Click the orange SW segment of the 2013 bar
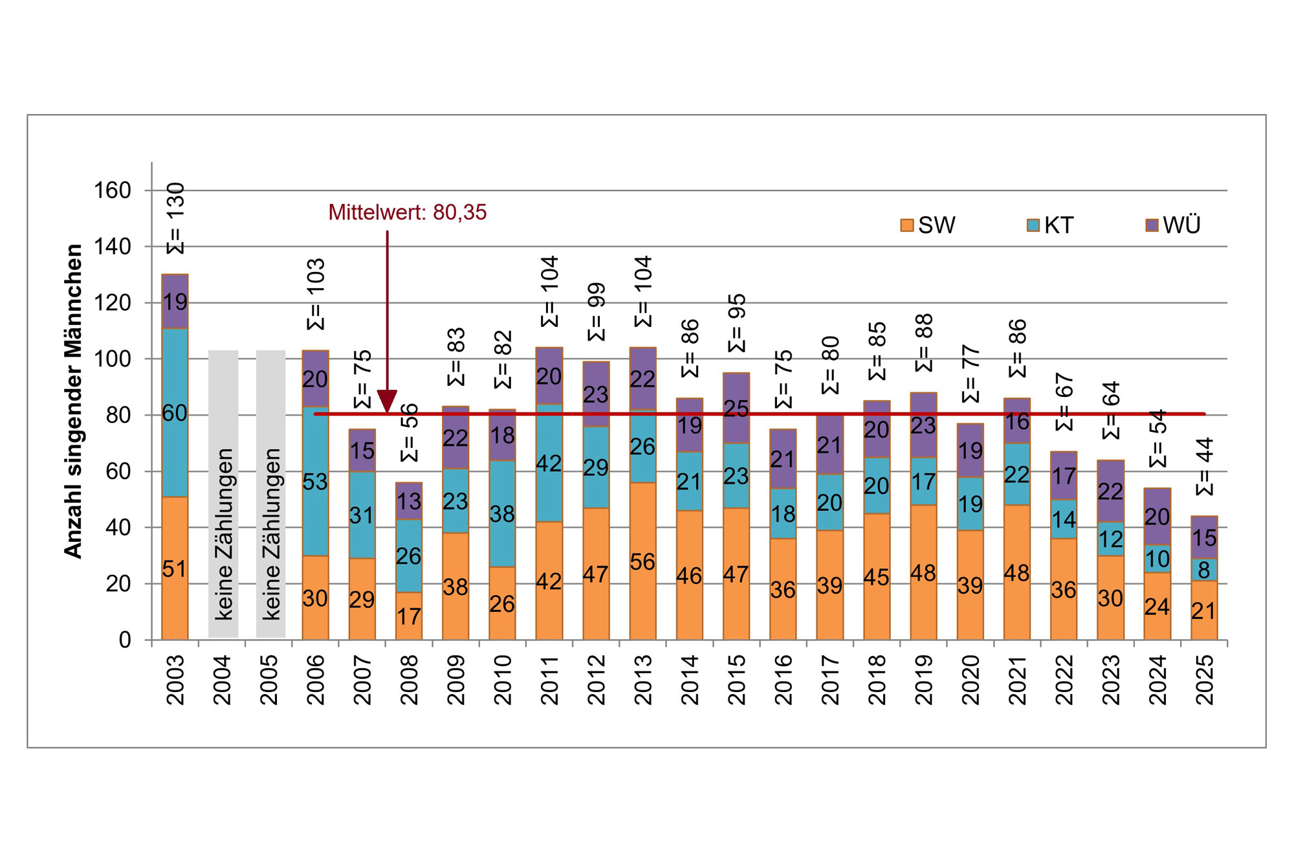pyautogui.click(x=642, y=561)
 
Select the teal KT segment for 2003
pyautogui.click(x=175, y=412)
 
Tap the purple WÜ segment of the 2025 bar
pyautogui.click(x=1204, y=537)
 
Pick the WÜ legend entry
pyautogui.click(x=1173, y=225)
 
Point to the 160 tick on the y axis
pyautogui.click(x=113, y=191)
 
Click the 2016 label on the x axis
pyautogui.click(x=783, y=679)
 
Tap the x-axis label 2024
pyautogui.click(x=1157, y=679)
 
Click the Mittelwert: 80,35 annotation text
pyautogui.click(x=407, y=212)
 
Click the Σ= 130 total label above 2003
pyautogui.click(x=175, y=218)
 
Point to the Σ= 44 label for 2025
pyautogui.click(x=1204, y=466)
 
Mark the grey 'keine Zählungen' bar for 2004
pyautogui.click(x=223, y=494)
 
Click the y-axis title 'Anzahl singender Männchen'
pyautogui.click(x=74, y=401)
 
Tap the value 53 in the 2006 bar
pyautogui.click(x=315, y=482)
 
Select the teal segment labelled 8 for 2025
pyautogui.click(x=1204, y=570)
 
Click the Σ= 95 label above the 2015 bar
pyautogui.click(x=736, y=323)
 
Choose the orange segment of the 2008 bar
pyautogui.click(x=409, y=616)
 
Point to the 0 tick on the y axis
pyautogui.click(x=125, y=640)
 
